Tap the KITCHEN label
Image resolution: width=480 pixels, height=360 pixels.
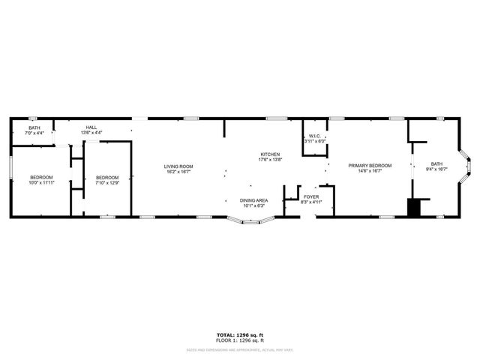[x=270, y=154]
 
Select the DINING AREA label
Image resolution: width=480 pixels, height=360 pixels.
[x=253, y=200]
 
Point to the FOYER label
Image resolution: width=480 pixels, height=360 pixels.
[x=310, y=197]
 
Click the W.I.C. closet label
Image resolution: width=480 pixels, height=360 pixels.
[x=313, y=136]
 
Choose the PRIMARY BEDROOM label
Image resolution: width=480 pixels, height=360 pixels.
[x=369, y=166]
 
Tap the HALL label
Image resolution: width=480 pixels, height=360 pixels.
[x=91, y=127]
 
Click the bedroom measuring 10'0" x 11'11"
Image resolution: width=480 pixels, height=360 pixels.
[x=42, y=177]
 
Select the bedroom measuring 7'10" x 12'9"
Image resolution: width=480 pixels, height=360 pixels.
[x=107, y=177]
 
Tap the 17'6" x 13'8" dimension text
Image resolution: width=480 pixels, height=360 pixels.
[x=270, y=159]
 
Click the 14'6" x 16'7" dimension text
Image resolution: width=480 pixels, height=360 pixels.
[x=369, y=172]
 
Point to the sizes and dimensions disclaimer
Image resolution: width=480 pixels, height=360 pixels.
[x=239, y=349]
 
